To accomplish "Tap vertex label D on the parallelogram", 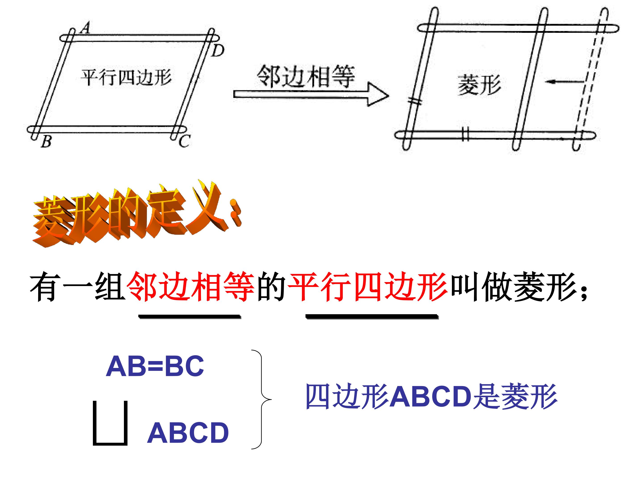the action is [218, 51].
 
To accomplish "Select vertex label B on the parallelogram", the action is [46, 141].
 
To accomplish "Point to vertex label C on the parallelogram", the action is [184, 141].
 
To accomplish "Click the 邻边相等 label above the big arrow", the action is [306, 76].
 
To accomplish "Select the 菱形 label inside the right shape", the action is [479, 85].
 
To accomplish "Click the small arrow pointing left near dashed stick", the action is [564, 82].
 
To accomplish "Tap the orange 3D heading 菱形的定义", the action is [137, 214].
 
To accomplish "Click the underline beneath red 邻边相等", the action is [190, 316].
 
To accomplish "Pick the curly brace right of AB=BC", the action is [262, 399].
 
